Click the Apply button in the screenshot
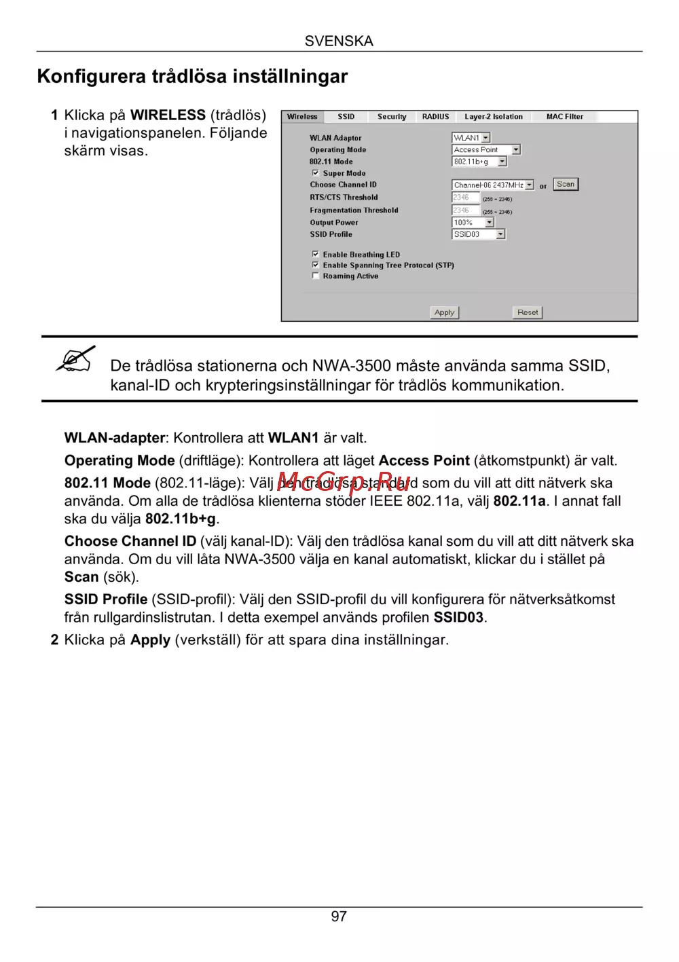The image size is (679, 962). point(445,312)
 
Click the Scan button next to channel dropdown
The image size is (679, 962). point(566,184)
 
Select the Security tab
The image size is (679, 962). point(392,117)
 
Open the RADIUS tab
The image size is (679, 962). point(435,117)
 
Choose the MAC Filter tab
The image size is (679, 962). point(564,117)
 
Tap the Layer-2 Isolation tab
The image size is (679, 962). point(494,117)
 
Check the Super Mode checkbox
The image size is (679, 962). point(316,172)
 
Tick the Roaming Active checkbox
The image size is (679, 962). point(316,276)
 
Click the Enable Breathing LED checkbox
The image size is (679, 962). point(316,254)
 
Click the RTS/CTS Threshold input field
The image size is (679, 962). point(466,198)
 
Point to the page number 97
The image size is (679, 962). point(339,917)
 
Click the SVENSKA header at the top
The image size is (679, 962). point(339,41)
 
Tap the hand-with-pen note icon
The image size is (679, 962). point(75,359)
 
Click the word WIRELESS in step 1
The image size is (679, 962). point(168,115)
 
